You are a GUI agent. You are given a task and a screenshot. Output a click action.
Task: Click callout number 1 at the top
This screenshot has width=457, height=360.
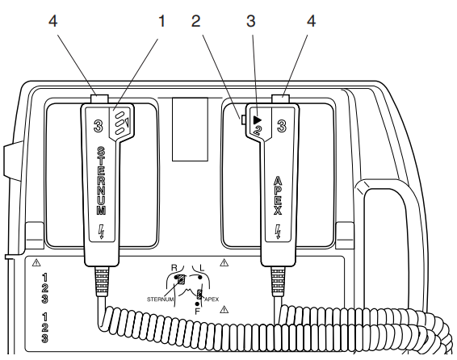[x=161, y=21]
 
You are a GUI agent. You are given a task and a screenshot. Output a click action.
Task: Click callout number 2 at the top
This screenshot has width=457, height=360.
[x=196, y=21]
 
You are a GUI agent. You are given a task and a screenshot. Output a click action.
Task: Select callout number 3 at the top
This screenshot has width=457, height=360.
[x=251, y=21]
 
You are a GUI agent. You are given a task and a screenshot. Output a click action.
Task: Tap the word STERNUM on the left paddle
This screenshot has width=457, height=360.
[x=101, y=181]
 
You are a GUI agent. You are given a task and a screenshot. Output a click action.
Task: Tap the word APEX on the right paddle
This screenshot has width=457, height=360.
[x=278, y=195]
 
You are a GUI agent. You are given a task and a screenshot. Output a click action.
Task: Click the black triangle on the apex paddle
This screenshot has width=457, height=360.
[x=258, y=120]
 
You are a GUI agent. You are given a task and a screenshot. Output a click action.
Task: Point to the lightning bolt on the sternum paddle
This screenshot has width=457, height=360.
[x=101, y=231]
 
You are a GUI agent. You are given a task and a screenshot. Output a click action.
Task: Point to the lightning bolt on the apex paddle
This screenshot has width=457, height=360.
[x=278, y=231]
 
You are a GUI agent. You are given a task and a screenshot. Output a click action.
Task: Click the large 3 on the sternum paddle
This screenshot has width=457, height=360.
[x=99, y=127]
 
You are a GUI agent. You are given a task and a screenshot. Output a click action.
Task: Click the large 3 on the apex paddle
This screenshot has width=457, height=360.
[x=281, y=127]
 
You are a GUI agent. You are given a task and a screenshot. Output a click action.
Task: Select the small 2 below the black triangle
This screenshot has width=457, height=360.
[x=258, y=130]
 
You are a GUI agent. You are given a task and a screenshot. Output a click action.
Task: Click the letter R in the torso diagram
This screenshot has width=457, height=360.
[x=174, y=268]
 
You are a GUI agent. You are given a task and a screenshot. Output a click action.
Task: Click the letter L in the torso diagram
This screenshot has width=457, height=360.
[x=201, y=268]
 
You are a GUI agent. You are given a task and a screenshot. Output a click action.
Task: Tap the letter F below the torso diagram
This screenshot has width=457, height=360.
[x=197, y=312]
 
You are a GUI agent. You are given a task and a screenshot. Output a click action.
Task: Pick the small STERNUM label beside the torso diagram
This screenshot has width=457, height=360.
[x=161, y=299]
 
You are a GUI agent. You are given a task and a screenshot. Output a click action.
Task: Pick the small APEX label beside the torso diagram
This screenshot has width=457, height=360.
[x=212, y=299]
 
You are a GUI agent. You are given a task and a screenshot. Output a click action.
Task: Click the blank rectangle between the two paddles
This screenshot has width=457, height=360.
[x=190, y=129]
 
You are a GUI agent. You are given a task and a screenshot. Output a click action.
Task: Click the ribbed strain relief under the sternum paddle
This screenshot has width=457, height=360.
[x=102, y=282]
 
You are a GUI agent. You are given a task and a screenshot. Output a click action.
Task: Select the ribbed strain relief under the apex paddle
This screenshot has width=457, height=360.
[x=278, y=282]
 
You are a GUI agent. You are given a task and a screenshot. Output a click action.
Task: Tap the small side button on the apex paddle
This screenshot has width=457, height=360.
[x=242, y=119]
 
